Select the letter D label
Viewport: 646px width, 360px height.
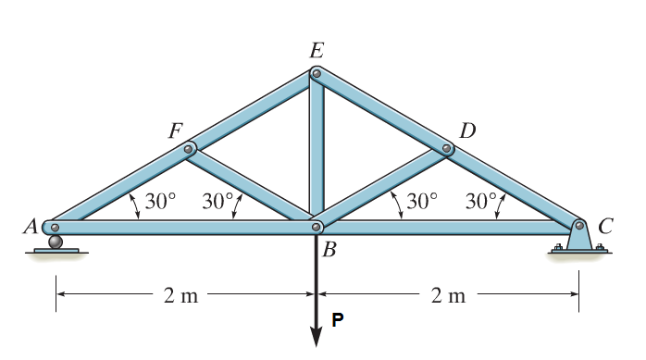tap(467, 130)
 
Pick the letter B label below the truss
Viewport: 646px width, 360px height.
tap(329, 247)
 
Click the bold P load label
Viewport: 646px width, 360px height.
tap(338, 320)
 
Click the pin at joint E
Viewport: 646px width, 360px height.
tap(317, 72)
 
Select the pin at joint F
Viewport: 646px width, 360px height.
tap(190, 147)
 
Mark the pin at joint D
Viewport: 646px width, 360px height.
tap(445, 147)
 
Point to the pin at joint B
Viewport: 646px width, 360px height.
tap(317, 226)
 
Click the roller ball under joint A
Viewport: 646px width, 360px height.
tap(56, 242)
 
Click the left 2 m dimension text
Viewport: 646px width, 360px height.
tap(181, 296)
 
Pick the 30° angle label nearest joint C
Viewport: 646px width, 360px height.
tap(481, 200)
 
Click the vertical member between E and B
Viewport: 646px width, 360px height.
tap(317, 148)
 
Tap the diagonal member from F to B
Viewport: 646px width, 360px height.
tap(252, 185)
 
